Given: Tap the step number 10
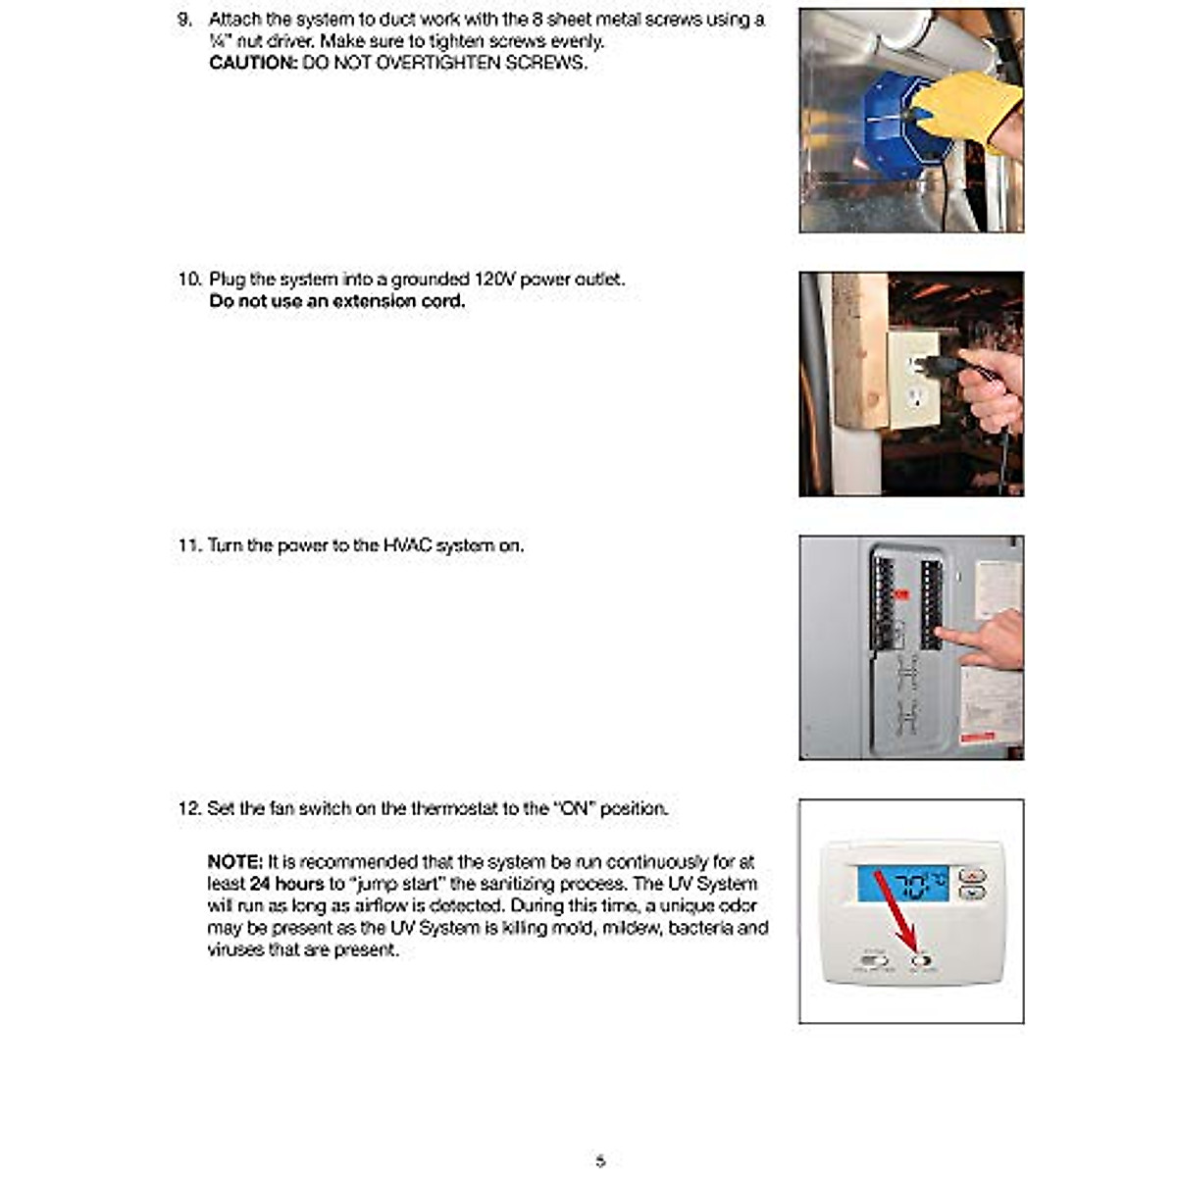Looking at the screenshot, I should pos(188,280).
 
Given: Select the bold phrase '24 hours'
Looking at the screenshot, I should pos(286,884).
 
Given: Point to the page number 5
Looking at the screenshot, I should pos(600,1161).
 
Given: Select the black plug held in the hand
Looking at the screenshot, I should pos(937,367).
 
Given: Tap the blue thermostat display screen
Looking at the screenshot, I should pos(902,885).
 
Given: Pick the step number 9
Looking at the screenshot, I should pos(184,20).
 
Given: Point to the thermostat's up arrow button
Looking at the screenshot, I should pos(971,876).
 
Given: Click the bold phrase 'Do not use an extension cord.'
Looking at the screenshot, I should pos(337,301).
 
